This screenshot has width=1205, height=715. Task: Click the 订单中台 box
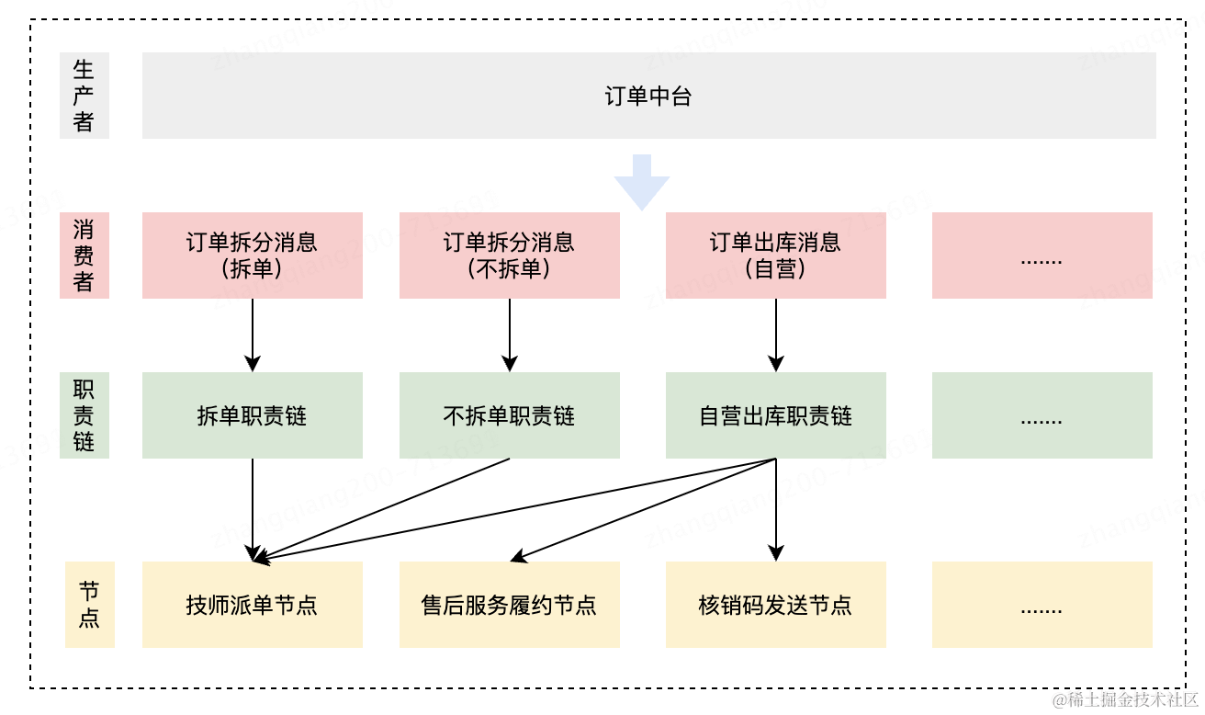[x=648, y=96]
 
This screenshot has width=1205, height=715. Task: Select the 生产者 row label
[x=84, y=96]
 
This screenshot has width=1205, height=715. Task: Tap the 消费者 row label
[x=84, y=255]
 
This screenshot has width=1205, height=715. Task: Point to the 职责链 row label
[x=84, y=415]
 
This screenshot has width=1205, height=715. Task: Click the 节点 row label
[x=90, y=605]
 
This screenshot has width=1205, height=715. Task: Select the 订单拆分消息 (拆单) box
[x=253, y=255]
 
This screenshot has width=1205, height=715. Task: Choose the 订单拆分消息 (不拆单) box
[x=510, y=255]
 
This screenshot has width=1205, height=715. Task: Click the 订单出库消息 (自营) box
[x=776, y=255]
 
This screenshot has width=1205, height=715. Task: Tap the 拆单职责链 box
[x=253, y=415]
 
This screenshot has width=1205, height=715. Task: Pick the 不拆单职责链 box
[x=510, y=415]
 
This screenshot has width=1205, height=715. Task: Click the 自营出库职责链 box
[x=776, y=415]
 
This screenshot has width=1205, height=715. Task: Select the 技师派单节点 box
[x=253, y=605]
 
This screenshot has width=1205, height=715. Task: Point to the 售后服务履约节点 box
[x=510, y=605]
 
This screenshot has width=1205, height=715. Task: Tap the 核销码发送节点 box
[x=776, y=605]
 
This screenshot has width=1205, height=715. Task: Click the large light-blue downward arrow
[x=642, y=180]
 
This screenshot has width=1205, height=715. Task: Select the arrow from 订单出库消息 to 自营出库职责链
[x=776, y=335]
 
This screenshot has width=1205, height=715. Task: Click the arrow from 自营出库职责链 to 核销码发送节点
[x=776, y=510]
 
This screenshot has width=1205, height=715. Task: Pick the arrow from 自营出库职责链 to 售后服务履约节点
[x=643, y=510]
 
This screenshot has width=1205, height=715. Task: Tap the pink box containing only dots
[x=1042, y=255]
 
